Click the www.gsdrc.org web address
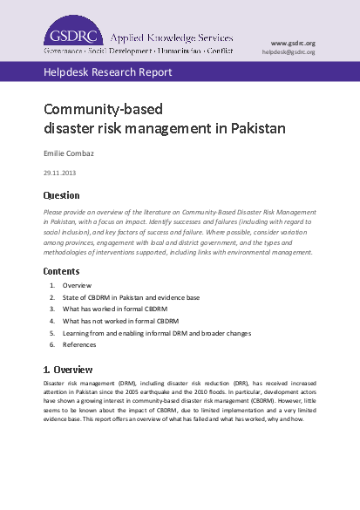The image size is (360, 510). pos(293,43)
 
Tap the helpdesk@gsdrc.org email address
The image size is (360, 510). pos(289,52)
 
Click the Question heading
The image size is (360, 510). pos(62,195)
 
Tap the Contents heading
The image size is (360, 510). pos(62,271)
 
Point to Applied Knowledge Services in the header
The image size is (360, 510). pos(171,38)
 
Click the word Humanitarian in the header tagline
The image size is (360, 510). pos(171,51)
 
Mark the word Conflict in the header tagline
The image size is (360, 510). pos(216,51)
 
